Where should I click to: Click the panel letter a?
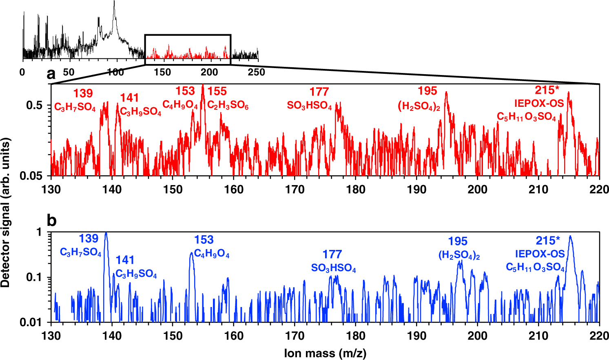pos(51,74)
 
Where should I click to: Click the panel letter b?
pos(51,221)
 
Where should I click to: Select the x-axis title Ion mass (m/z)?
pos(325,353)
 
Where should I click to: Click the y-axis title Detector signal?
pos(6,212)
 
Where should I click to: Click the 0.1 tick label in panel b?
pos(35,277)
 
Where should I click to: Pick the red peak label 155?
pos(217,91)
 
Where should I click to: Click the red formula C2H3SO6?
pos(228,106)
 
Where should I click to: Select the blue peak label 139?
pos(89,239)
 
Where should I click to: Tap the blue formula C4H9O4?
pos(212,254)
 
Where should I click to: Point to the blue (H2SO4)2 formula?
pos(459,256)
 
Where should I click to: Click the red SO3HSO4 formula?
pos(310,106)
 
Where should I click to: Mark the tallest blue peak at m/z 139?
pos(106,233)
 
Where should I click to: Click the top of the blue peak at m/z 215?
pos(570,236)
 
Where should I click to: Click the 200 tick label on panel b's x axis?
pos(477,336)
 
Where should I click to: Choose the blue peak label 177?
pos(332,254)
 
